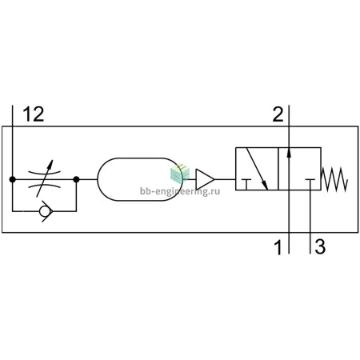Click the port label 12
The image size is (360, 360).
pyautogui.click(x=34, y=114)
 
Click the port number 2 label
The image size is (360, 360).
pyautogui.click(x=278, y=114)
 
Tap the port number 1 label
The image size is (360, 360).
pyautogui.click(x=278, y=247)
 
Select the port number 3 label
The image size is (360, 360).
pyautogui.click(x=320, y=246)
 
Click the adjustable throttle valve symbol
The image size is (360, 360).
pyautogui.click(x=44, y=179)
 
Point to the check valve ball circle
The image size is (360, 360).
pyautogui.click(x=44, y=211)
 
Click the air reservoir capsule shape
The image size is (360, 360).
pyautogui.click(x=140, y=179)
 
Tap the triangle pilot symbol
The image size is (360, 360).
pyautogui.click(x=205, y=179)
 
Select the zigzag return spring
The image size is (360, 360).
pyautogui.click(x=334, y=179)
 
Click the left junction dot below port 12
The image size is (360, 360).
pyautogui.click(x=12, y=179)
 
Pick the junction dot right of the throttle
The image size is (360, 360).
pyautogui.click(x=76, y=179)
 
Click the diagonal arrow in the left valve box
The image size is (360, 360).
pyautogui.click(x=257, y=169)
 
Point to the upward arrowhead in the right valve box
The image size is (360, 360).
pyautogui.click(x=289, y=153)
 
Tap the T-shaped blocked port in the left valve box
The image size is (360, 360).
pyautogui.click(x=246, y=185)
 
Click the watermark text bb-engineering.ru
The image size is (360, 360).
pyautogui.click(x=180, y=191)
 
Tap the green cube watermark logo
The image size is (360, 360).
pyautogui.click(x=180, y=172)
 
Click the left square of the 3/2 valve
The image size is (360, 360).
pyautogui.click(x=257, y=169)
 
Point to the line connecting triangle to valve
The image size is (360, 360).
pyautogui.click(x=225, y=179)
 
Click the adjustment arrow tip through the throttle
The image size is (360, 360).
pyautogui.click(x=52, y=160)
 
